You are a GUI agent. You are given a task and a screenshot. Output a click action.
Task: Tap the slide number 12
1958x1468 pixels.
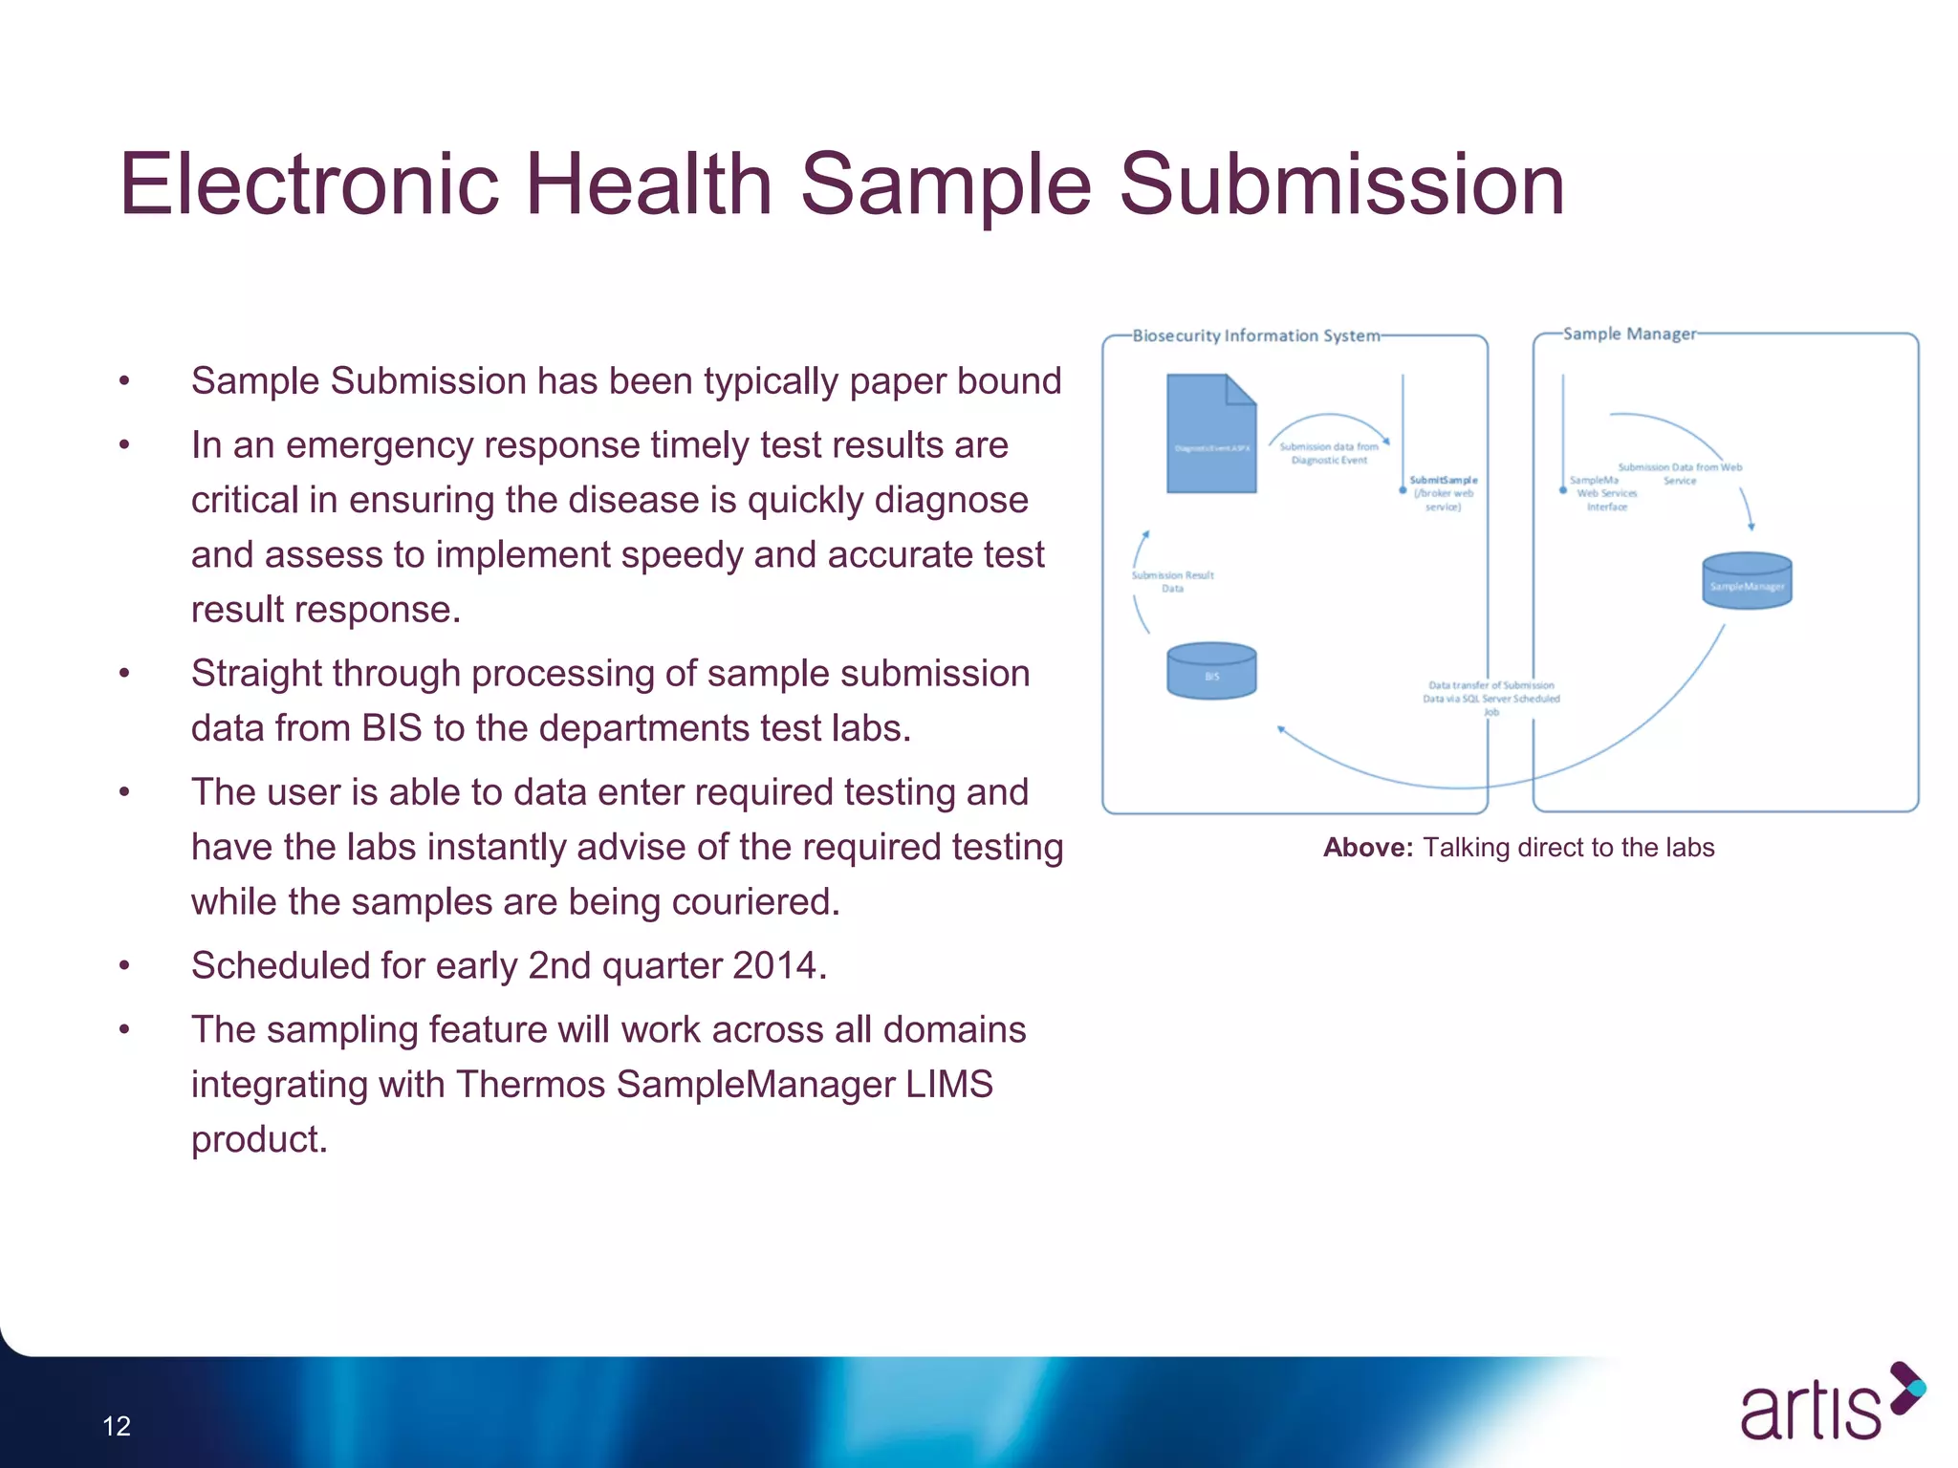pos(117,1426)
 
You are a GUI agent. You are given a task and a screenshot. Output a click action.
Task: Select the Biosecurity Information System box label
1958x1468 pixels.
pos(1255,335)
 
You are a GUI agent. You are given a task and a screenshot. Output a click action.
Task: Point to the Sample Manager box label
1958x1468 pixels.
pos(1628,334)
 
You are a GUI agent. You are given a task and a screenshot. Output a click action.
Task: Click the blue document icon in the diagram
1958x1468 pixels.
pos(1210,435)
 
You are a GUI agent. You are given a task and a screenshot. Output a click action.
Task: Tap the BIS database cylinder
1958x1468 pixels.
pos(1211,671)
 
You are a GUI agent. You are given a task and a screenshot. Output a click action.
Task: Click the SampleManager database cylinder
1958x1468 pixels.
pos(1746,581)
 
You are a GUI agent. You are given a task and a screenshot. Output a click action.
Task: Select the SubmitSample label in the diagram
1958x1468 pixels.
pos(1443,480)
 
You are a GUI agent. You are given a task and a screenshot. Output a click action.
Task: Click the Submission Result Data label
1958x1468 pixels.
pos(1172,581)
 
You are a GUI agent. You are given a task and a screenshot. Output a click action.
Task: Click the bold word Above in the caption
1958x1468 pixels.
pos(1366,848)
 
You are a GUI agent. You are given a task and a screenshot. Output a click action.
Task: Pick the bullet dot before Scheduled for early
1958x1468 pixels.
pos(124,966)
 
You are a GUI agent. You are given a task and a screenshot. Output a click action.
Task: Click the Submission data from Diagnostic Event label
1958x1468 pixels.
pos(1328,453)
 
